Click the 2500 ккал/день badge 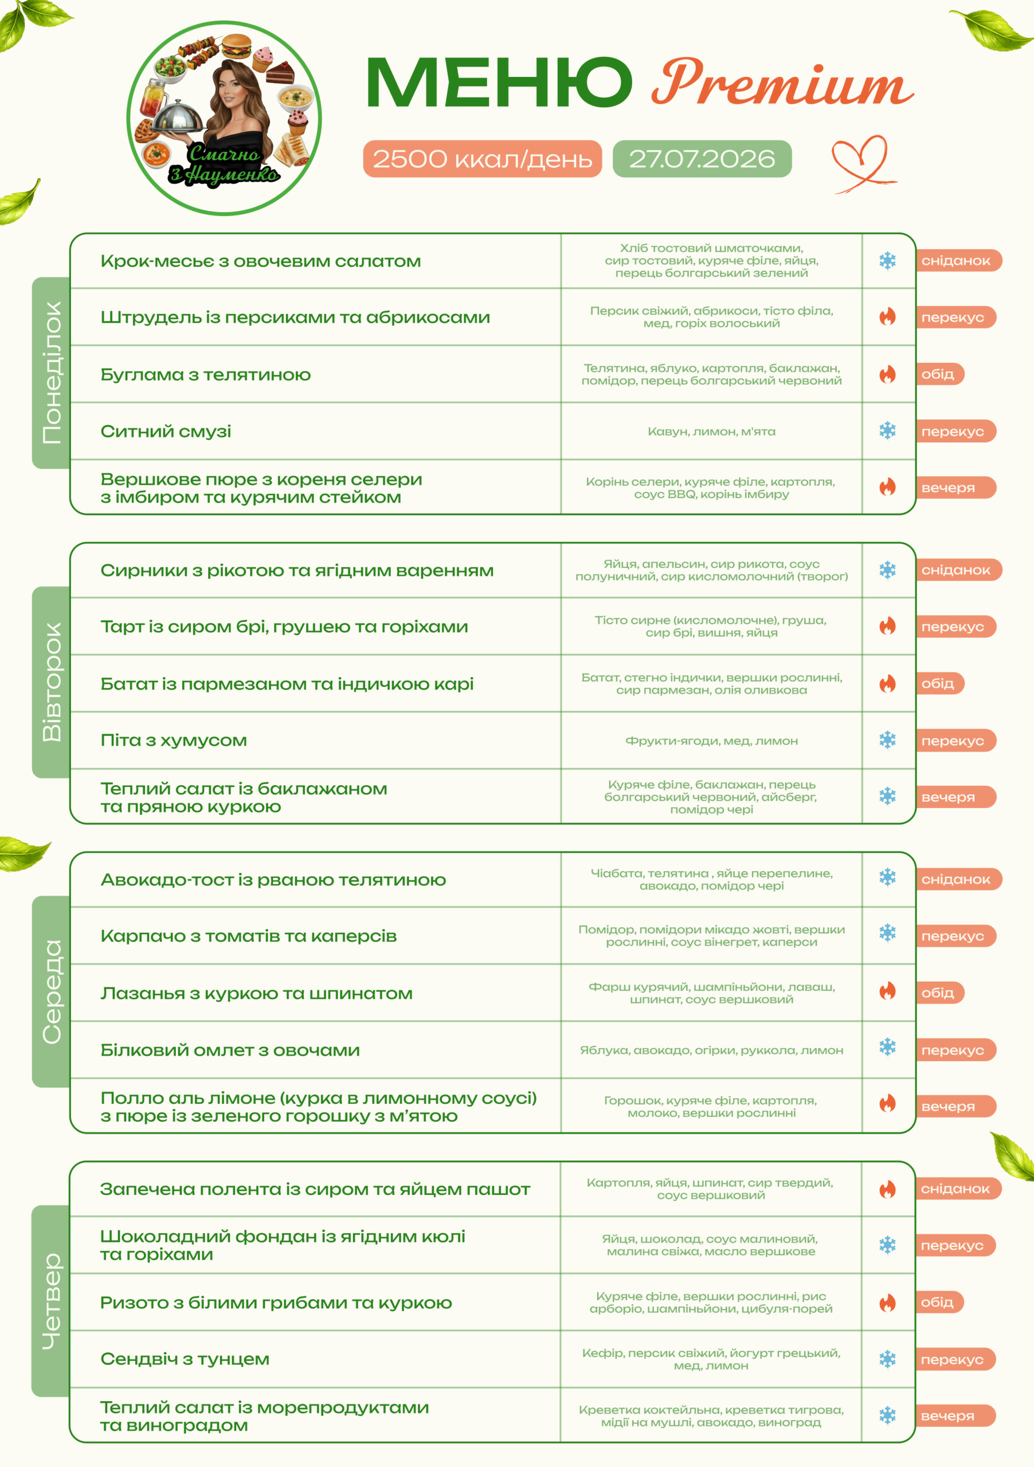(483, 159)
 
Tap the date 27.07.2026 (702, 159)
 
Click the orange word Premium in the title (782, 83)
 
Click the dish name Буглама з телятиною (206, 374)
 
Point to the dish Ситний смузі (166, 432)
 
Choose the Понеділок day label (51, 372)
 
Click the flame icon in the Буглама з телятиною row (888, 374)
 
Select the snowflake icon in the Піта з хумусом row (888, 740)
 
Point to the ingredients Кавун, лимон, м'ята (711, 432)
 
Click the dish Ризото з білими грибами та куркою (276, 1302)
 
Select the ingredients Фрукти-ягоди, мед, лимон (711, 740)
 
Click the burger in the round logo (237, 46)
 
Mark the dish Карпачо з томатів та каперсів (249, 936)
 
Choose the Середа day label (51, 991)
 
